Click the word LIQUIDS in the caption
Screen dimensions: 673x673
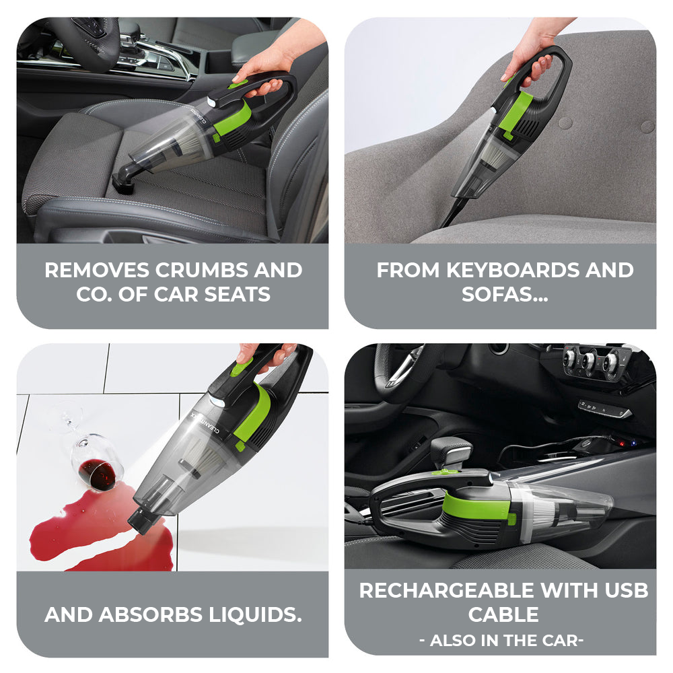(x=255, y=614)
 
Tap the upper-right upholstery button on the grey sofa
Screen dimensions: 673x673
(x=647, y=127)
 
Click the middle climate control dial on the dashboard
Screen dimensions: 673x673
(x=590, y=361)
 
